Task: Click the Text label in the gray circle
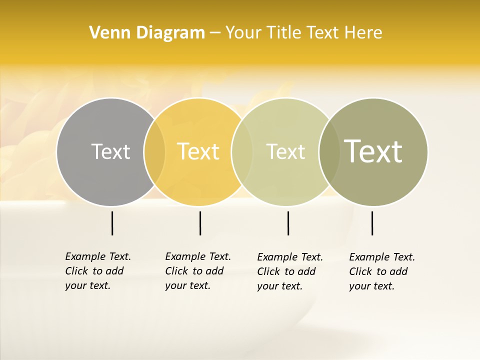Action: [x=110, y=151]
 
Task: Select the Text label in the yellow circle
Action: [x=198, y=151]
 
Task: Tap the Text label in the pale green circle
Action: [x=286, y=151]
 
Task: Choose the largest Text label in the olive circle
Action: [x=373, y=151]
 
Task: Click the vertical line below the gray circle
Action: [x=112, y=223]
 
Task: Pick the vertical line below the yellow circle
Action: [x=200, y=223]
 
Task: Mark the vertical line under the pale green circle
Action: [x=288, y=223]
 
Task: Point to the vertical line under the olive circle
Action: [x=372, y=223]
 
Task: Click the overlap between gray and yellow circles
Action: [x=154, y=151]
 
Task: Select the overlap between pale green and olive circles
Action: [x=329, y=151]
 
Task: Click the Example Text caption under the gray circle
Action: [x=97, y=271]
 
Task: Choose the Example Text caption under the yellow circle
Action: [x=197, y=271]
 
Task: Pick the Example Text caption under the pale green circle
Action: [x=289, y=271]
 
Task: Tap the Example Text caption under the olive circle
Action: [x=381, y=271]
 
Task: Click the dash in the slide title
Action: [x=215, y=33]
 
